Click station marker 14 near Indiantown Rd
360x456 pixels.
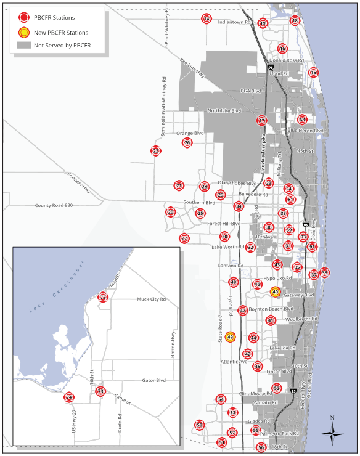pyautogui.click(x=207, y=18)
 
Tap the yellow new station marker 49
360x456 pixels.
pyautogui.click(x=231, y=336)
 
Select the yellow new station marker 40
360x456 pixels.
pyautogui.click(x=276, y=291)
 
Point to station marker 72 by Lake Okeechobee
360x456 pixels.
pyautogui.click(x=103, y=298)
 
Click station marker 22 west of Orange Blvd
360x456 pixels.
pyautogui.click(x=156, y=151)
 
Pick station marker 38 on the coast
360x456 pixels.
pyautogui.click(x=325, y=272)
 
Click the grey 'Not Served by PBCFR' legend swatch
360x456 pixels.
pyautogui.click(x=24, y=46)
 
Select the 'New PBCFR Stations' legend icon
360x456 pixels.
pyautogui.click(x=24, y=32)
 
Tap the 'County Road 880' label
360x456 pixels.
pyautogui.click(x=54, y=205)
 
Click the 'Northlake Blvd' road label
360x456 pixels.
pyautogui.click(x=224, y=111)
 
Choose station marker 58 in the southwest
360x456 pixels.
pyautogui.click(x=199, y=425)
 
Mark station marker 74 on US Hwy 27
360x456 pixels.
pyautogui.click(x=69, y=397)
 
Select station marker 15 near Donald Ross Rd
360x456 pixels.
pyautogui.click(x=314, y=72)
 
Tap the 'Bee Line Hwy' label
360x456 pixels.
pyautogui.click(x=193, y=68)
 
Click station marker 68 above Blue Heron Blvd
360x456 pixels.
pyautogui.click(x=302, y=120)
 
